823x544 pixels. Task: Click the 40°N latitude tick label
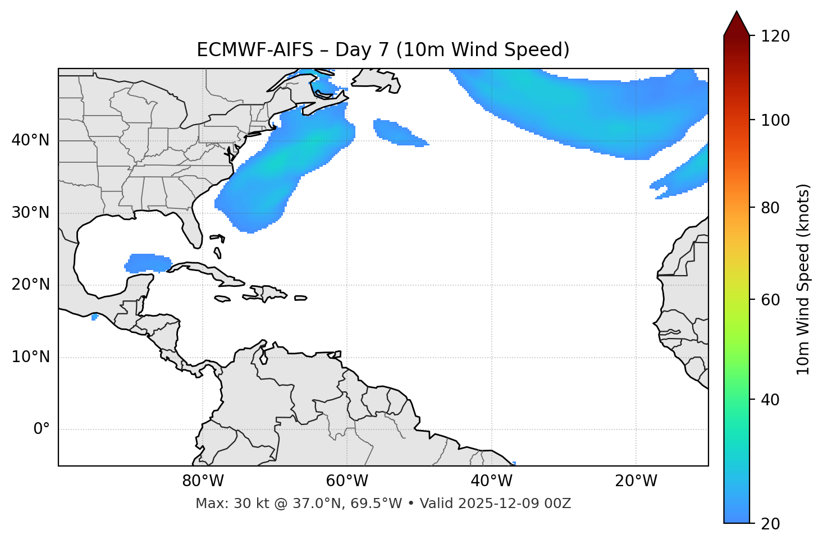pyautogui.click(x=30, y=140)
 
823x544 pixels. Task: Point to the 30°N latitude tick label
pyautogui.click(x=30, y=213)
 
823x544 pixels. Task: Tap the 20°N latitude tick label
pyautogui.click(x=30, y=285)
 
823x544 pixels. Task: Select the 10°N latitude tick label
pyautogui.click(x=30, y=357)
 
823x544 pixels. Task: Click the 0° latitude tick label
pyautogui.click(x=42, y=429)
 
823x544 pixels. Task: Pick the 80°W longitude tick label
pyautogui.click(x=203, y=481)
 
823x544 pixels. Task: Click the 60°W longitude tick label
pyautogui.click(x=347, y=481)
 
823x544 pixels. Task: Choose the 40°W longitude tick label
pyautogui.click(x=491, y=481)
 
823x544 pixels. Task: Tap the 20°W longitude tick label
pyautogui.click(x=636, y=481)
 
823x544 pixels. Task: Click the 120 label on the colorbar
pyautogui.click(x=775, y=36)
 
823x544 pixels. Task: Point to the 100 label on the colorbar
pyautogui.click(x=775, y=120)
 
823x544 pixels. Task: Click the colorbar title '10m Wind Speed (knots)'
pyautogui.click(x=803, y=279)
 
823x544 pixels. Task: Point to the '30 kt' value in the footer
pyautogui.click(x=245, y=504)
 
